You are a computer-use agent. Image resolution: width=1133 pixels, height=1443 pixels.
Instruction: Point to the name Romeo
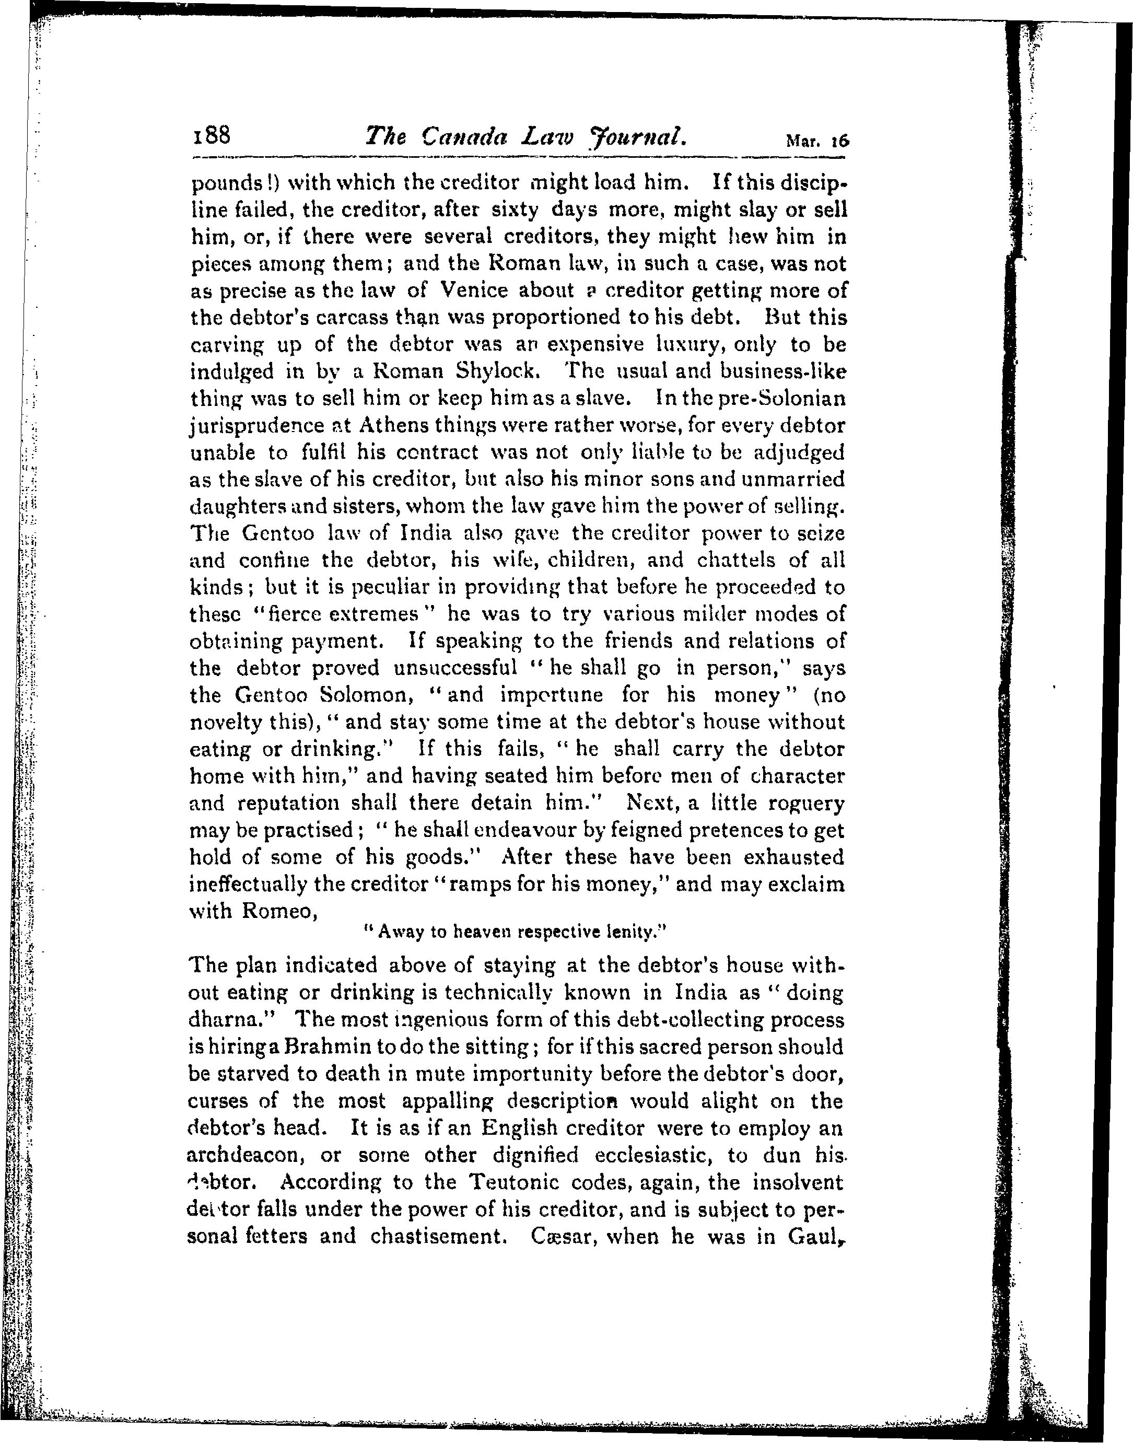coord(278,912)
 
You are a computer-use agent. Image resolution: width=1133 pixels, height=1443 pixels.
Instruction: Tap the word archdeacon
coord(246,1155)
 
